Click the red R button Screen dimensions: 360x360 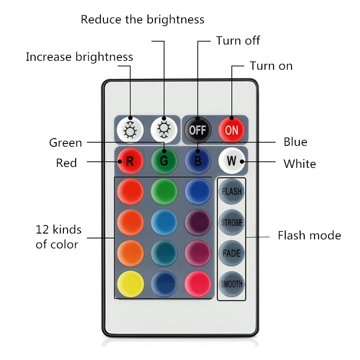pos(130,161)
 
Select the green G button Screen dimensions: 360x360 pos(163,161)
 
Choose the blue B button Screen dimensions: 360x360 pos(198,161)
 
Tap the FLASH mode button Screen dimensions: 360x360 pos(232,191)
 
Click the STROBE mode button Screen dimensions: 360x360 pos(232,222)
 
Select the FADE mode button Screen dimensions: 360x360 pos(232,253)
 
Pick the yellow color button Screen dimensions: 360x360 pos(130,283)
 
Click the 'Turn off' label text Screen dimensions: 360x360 pos(238,40)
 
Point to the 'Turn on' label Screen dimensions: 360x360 pos(271,66)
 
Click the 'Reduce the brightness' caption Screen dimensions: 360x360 pos(142,19)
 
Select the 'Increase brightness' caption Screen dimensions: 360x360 pos(79,57)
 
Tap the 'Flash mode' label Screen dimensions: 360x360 pos(309,235)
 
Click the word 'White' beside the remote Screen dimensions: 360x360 pos(299,163)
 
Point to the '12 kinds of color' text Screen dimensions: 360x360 pos(58,237)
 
